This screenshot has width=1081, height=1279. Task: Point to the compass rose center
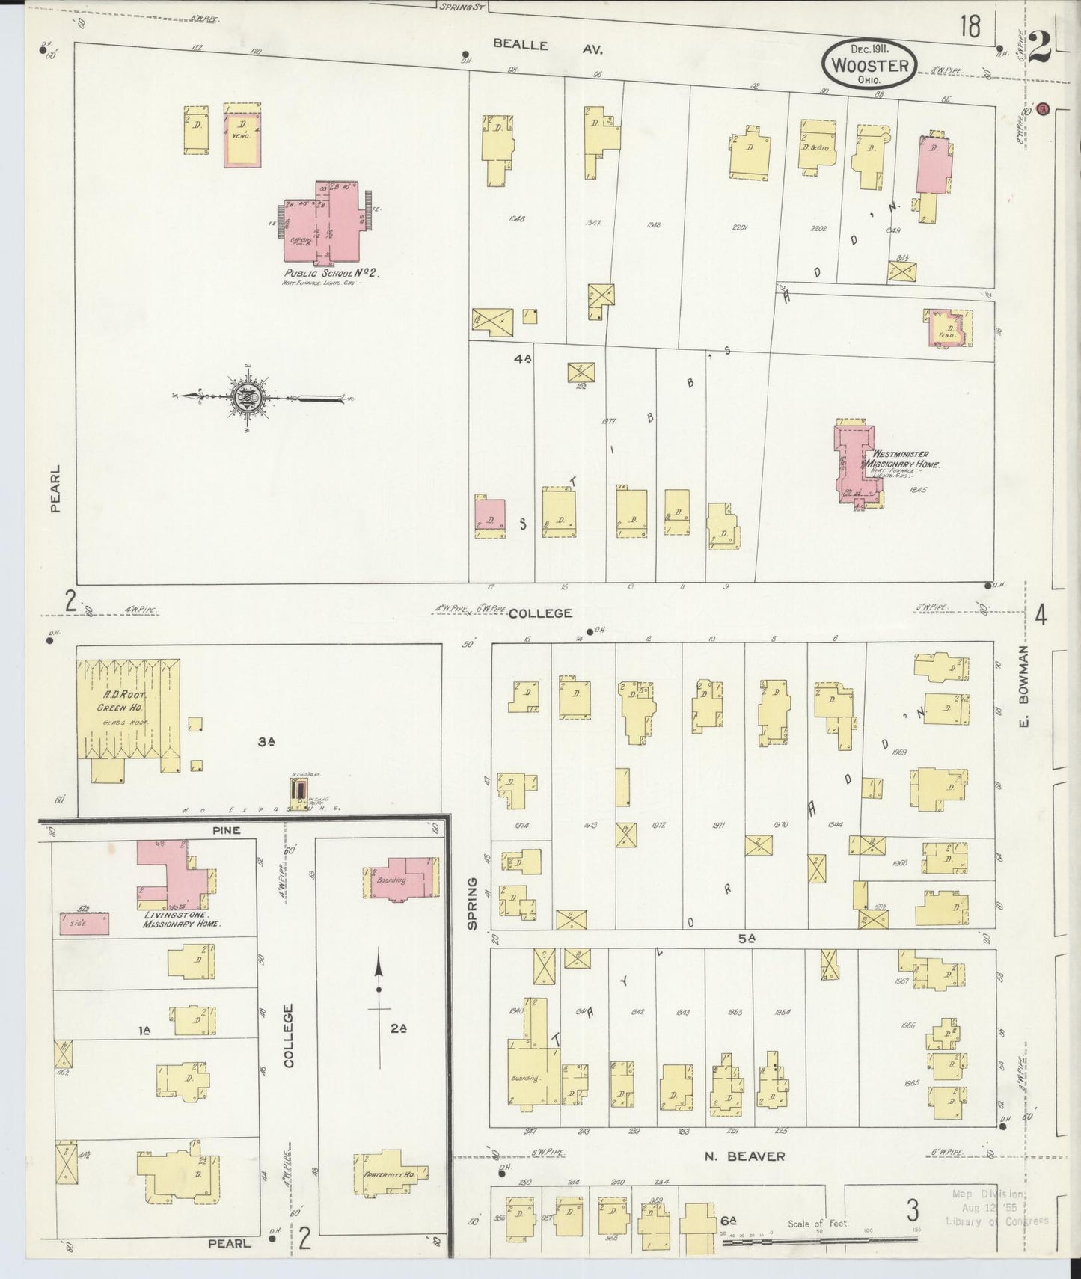248,398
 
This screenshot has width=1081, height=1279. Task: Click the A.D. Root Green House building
129,711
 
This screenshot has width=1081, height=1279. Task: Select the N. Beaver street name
744,1156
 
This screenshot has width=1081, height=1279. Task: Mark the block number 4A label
522,359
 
